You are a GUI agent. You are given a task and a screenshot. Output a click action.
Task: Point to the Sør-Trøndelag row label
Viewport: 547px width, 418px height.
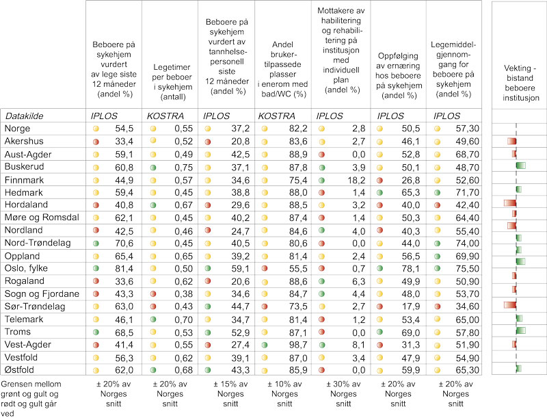pos(35,305)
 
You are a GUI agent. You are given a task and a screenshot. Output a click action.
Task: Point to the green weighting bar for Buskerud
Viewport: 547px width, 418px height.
pos(520,165)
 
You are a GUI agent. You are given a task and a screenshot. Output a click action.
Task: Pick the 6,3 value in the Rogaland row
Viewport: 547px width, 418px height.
pos(360,280)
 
